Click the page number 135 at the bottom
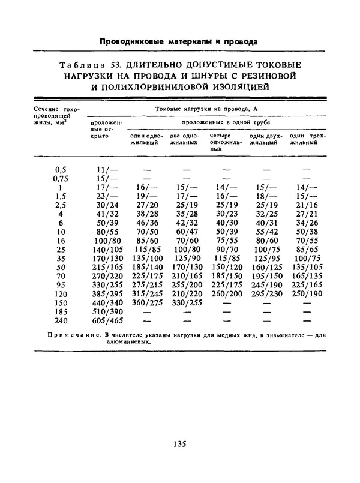179,444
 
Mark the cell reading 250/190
307,295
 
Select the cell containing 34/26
307,223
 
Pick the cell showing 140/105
109,250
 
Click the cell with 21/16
307,205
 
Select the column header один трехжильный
307,140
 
